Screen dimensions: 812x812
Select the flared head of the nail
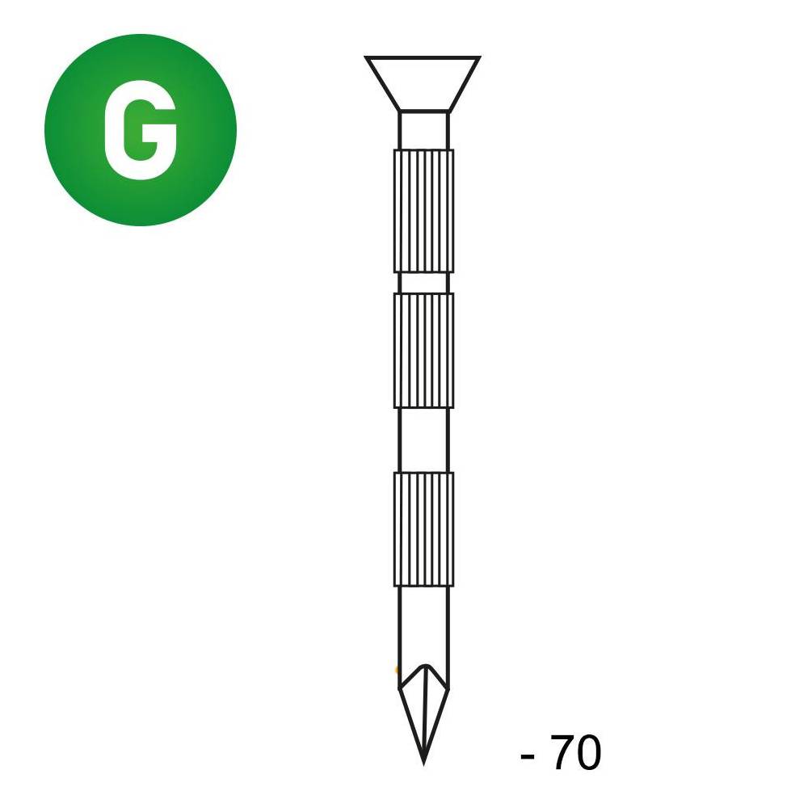pyautogui.click(x=423, y=83)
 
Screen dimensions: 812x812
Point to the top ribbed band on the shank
pyautogui.click(x=423, y=211)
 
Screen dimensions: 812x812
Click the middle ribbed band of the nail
pyautogui.click(x=423, y=351)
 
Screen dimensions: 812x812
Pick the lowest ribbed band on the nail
pyautogui.click(x=423, y=528)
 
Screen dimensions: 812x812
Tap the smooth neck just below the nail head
pyautogui.click(x=423, y=131)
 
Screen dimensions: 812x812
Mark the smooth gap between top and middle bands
pyautogui.click(x=423, y=283)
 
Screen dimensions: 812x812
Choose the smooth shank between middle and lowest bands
pyautogui.click(x=423, y=440)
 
